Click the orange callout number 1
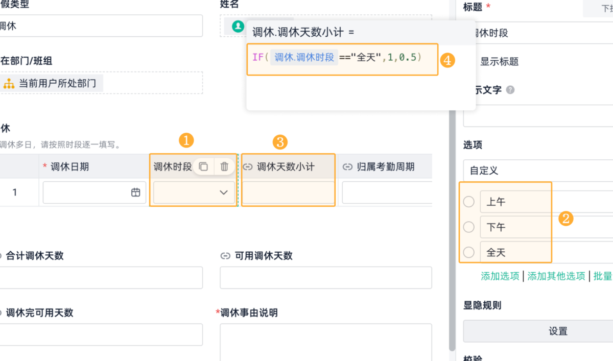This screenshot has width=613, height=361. pyautogui.click(x=187, y=141)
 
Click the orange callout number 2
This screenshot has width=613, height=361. pyautogui.click(x=565, y=219)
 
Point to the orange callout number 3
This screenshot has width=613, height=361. pyautogui.click(x=280, y=142)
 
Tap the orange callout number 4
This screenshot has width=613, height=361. pyautogui.click(x=447, y=60)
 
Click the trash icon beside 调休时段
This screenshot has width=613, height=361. pyautogui.click(x=224, y=166)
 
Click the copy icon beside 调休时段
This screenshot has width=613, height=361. pyautogui.click(x=203, y=166)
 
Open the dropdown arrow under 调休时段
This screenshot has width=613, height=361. pyautogui.click(x=224, y=192)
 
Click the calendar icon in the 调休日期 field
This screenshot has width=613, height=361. pyautogui.click(x=136, y=192)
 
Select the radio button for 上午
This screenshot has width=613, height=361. pyautogui.click(x=469, y=202)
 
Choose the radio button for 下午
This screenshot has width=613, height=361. pyautogui.click(x=469, y=227)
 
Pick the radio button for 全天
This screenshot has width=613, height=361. pyautogui.click(x=469, y=252)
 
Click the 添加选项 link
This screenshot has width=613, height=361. pyautogui.click(x=500, y=276)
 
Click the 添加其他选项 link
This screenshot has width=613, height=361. pyautogui.click(x=556, y=276)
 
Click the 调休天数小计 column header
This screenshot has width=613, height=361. pyautogui.click(x=286, y=166)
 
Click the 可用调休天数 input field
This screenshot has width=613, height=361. pyautogui.click(x=325, y=277)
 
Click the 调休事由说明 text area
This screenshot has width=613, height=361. pyautogui.click(x=325, y=342)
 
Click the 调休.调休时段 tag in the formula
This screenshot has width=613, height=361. pyautogui.click(x=304, y=57)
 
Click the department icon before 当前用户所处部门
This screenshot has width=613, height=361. pyautogui.click(x=9, y=83)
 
